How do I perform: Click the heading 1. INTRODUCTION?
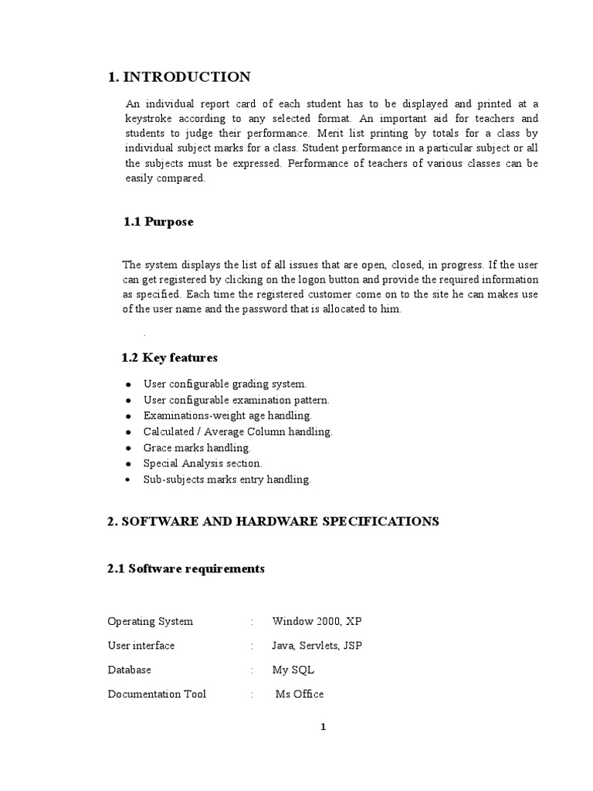click(x=178, y=76)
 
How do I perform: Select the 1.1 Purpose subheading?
click(x=158, y=222)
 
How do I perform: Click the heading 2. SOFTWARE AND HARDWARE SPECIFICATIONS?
click(x=273, y=521)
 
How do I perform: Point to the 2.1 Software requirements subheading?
click(x=185, y=569)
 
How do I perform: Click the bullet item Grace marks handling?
click(x=197, y=447)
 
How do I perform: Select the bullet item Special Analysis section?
click(x=202, y=463)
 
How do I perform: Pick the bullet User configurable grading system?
click(x=225, y=383)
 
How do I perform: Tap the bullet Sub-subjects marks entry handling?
click(x=227, y=480)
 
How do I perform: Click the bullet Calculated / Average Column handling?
click(x=238, y=432)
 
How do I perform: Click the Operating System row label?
click(x=150, y=622)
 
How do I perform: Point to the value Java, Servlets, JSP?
click(x=317, y=646)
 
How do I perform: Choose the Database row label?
click(x=129, y=670)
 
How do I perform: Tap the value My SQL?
click(x=293, y=670)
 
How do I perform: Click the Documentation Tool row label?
click(x=157, y=694)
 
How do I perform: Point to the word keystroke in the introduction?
click(x=149, y=119)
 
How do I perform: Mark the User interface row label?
click(x=141, y=646)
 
